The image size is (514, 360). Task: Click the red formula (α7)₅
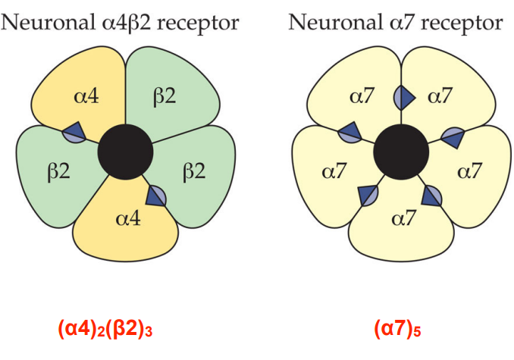point(399,330)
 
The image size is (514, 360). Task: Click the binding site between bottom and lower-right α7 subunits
point(431,196)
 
